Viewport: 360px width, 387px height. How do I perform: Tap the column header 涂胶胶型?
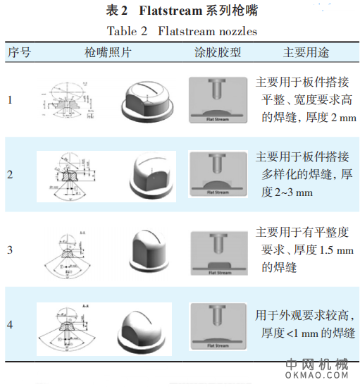[218, 53]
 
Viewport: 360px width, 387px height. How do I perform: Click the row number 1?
[10, 99]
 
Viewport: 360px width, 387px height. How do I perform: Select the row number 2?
[10, 173]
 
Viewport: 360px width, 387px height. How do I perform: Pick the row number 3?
[10, 250]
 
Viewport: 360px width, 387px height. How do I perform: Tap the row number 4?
[10, 325]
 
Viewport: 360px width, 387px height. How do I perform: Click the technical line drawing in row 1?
[70, 100]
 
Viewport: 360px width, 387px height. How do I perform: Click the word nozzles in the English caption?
[237, 30]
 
